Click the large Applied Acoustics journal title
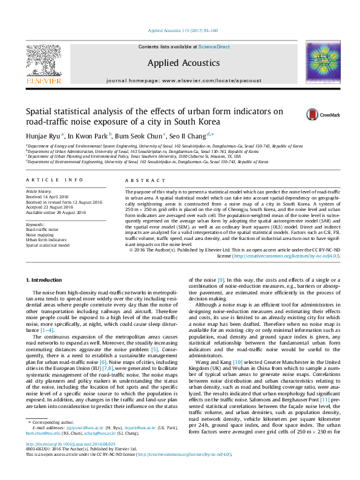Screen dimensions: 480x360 click(x=179, y=62)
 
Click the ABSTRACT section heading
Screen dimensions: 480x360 click(x=140, y=180)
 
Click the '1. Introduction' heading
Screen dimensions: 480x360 click(x=46, y=280)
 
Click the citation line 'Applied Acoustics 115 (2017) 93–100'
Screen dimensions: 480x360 click(x=180, y=31)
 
